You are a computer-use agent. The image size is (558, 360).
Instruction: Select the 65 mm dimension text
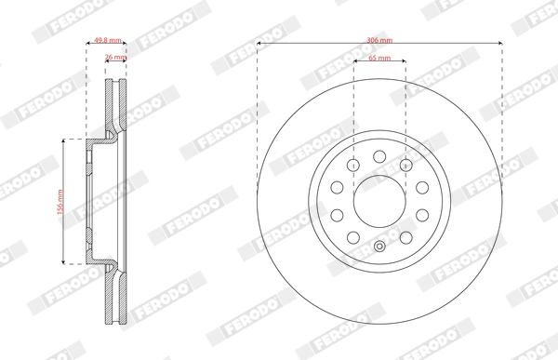tap(379, 58)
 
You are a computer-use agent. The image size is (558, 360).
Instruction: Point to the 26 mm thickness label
tap(114, 57)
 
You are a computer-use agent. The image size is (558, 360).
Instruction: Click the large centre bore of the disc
tap(379, 197)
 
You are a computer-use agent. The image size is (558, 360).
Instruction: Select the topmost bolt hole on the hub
tap(379, 153)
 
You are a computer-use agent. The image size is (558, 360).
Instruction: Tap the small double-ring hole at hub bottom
tap(379, 247)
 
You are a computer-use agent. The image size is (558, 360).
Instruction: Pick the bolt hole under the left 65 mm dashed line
tap(353, 165)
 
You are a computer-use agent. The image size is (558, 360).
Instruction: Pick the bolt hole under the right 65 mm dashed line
tap(405, 165)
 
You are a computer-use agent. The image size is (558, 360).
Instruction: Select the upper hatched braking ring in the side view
tap(114, 107)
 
